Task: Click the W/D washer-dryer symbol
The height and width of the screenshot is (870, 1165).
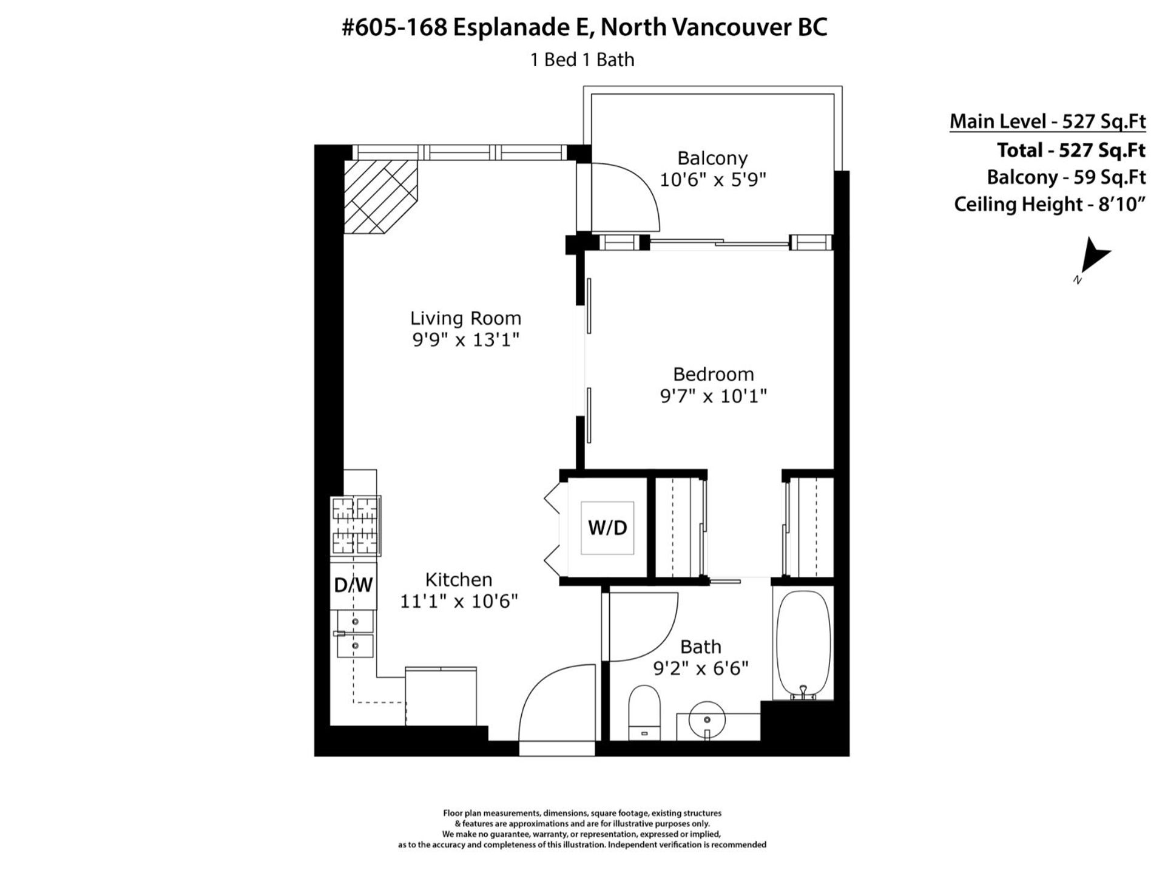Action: click(x=607, y=528)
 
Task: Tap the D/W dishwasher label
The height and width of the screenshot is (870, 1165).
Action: click(x=353, y=585)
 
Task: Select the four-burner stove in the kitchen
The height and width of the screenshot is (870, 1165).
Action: click(x=356, y=526)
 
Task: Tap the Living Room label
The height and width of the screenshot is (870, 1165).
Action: click(x=465, y=318)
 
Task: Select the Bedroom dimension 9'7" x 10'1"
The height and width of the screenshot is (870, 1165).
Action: click(x=713, y=396)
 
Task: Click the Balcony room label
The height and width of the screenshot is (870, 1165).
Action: click(x=712, y=158)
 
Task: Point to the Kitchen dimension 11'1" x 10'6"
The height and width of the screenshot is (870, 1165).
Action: click(x=459, y=601)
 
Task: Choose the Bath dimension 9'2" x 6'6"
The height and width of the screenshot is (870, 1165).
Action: click(x=701, y=668)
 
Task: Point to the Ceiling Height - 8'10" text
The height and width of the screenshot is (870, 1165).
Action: click(x=1049, y=204)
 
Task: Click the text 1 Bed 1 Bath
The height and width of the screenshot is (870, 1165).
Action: click(x=582, y=59)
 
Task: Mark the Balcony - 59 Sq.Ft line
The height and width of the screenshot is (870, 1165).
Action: click(x=1066, y=177)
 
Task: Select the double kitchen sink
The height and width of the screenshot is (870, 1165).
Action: click(x=355, y=634)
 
